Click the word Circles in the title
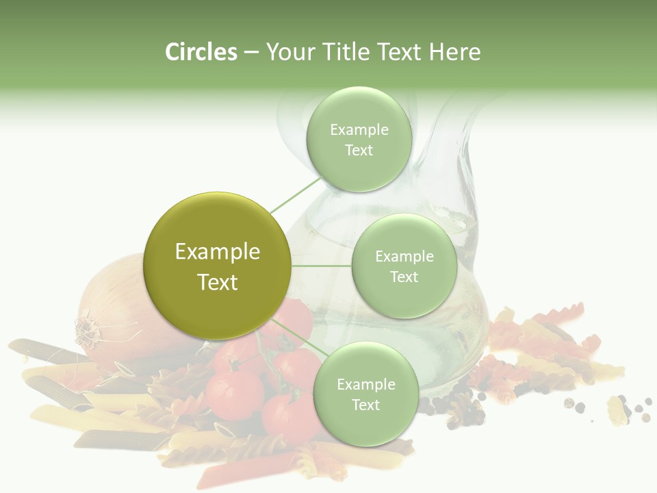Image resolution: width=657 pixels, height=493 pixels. click(201, 52)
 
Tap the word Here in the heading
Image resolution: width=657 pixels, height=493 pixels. click(454, 52)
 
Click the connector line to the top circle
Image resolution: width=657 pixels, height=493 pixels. click(296, 194)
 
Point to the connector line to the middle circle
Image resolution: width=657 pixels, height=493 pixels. click(321, 266)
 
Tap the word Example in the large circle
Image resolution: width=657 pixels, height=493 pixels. click(217, 251)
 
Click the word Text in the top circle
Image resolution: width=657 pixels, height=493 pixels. click(359, 150)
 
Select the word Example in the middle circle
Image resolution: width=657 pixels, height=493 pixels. click(404, 256)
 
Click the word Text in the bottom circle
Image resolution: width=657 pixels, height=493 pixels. click(365, 405)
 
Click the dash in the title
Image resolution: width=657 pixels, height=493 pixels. click(251, 52)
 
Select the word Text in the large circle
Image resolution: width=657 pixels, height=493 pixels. click(217, 282)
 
